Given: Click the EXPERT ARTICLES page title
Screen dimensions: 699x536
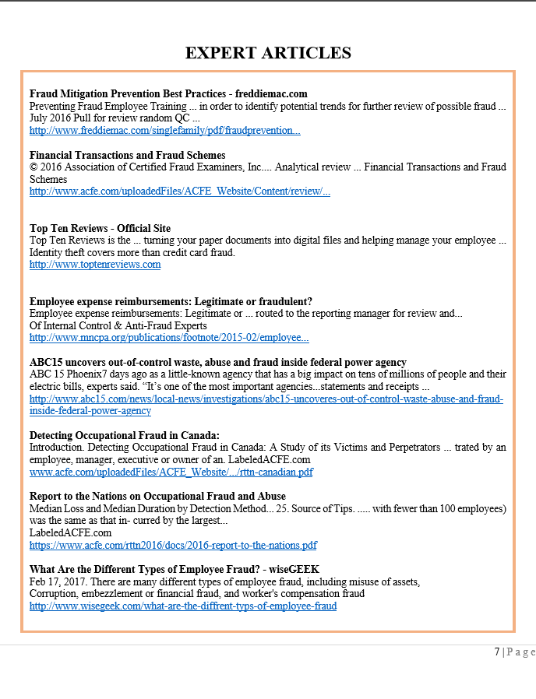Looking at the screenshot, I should coord(268,53).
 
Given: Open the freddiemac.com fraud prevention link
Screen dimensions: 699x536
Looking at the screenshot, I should coord(164,130).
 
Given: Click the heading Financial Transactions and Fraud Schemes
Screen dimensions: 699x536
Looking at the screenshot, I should coord(127,155).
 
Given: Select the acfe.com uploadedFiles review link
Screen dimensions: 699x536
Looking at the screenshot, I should coord(179,191).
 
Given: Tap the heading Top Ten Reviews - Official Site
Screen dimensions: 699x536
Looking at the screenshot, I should coord(100,228).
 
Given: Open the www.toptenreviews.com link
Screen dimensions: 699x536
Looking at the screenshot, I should coord(95,265).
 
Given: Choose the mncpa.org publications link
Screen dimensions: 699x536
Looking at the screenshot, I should coord(169,338).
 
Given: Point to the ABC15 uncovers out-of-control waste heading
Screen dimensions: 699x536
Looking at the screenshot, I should coord(217,362).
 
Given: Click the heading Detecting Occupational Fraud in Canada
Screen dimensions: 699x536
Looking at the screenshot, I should coord(125,435).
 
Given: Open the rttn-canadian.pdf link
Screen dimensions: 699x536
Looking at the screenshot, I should coord(171,472).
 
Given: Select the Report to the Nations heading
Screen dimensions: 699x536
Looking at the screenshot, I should coord(157,496).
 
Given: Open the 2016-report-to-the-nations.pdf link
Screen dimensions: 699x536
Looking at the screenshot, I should coord(173,545).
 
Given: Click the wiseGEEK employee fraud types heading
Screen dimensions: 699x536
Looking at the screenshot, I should coord(174,569).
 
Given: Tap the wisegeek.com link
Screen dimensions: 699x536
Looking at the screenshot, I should coord(182,606).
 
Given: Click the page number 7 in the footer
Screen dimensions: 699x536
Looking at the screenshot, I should coord(497,652).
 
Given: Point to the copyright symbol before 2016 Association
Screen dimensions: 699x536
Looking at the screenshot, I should coord(33,167).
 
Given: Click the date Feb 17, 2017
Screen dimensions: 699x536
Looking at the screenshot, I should coord(58,581).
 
